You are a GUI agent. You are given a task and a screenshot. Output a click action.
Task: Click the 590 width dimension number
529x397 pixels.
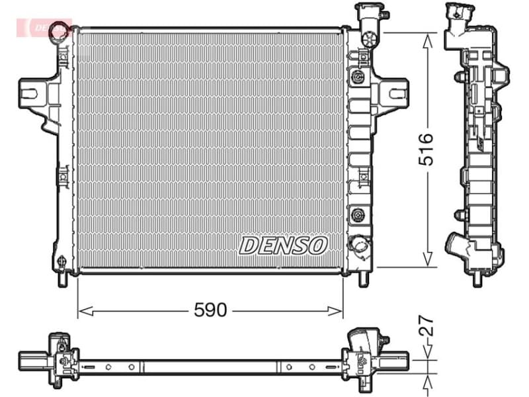tap(210, 309)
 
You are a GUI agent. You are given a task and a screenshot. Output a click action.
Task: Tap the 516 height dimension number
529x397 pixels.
tap(427, 149)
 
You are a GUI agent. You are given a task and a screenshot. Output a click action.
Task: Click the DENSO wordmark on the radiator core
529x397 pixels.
tap(283, 245)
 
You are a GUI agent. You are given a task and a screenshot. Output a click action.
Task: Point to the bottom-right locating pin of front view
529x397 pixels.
tap(362, 279)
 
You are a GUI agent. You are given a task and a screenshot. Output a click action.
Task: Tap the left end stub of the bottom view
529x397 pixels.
tap(29, 361)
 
